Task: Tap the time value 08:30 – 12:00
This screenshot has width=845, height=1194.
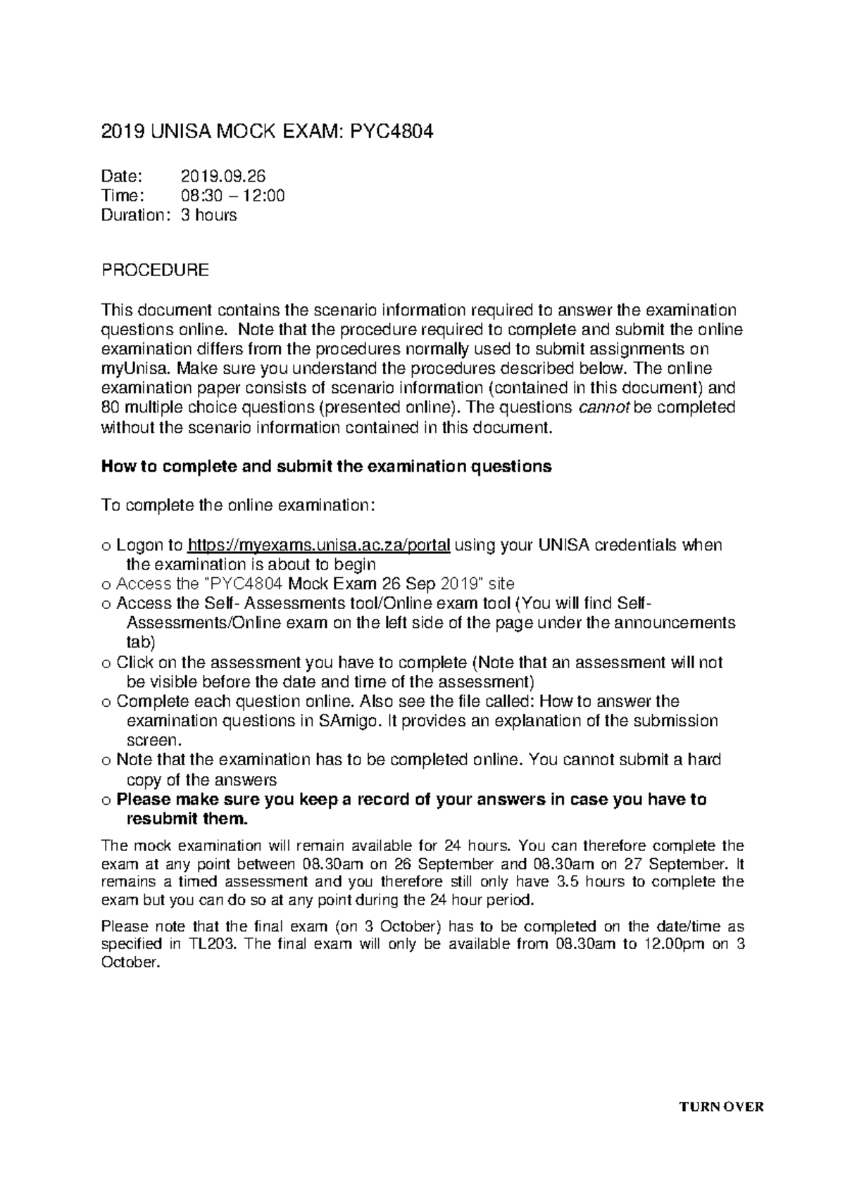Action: pos(233,196)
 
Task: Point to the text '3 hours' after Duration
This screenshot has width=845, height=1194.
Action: pos(209,215)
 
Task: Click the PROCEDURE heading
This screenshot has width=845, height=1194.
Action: pos(155,270)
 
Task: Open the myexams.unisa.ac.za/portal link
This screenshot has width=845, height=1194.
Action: pos(318,545)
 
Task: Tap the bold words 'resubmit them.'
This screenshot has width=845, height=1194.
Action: pos(187,819)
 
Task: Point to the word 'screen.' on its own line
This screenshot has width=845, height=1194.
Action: pos(153,741)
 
